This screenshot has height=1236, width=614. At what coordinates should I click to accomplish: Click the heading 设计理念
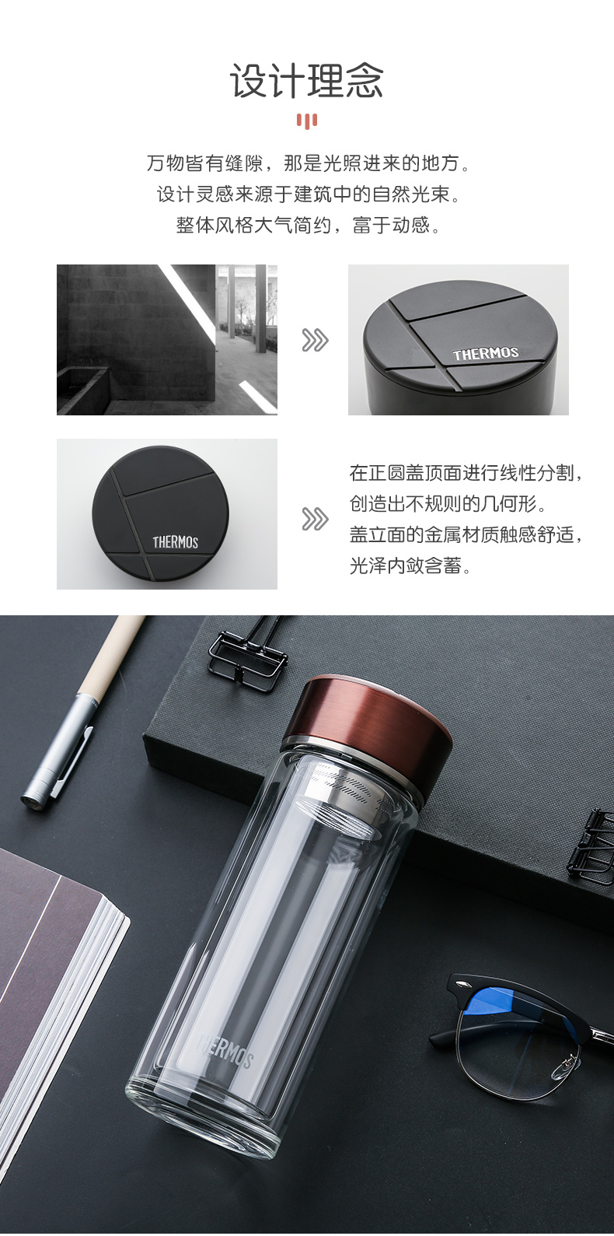pyautogui.click(x=306, y=81)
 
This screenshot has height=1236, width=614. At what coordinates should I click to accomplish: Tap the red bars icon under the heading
pyautogui.click(x=306, y=121)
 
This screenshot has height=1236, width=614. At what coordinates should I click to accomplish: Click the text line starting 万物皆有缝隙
pyautogui.click(x=308, y=163)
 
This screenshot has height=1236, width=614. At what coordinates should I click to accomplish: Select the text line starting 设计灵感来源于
pyautogui.click(x=308, y=194)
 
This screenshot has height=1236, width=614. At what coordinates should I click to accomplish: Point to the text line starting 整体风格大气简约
pyautogui.click(x=308, y=225)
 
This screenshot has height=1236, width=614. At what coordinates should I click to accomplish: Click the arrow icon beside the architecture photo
pyautogui.click(x=315, y=340)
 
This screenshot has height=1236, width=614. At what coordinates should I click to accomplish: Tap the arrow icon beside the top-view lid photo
pyautogui.click(x=315, y=519)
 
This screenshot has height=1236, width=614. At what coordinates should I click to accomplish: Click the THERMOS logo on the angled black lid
pyautogui.click(x=486, y=354)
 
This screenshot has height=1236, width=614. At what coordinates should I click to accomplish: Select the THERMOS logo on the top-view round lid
pyautogui.click(x=176, y=542)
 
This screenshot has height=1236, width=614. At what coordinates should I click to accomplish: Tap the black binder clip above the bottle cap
pyautogui.click(x=248, y=656)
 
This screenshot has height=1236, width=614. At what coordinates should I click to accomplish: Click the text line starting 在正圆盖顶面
pyautogui.click(x=466, y=473)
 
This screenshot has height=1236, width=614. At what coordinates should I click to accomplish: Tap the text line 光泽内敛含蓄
pyautogui.click(x=410, y=565)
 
